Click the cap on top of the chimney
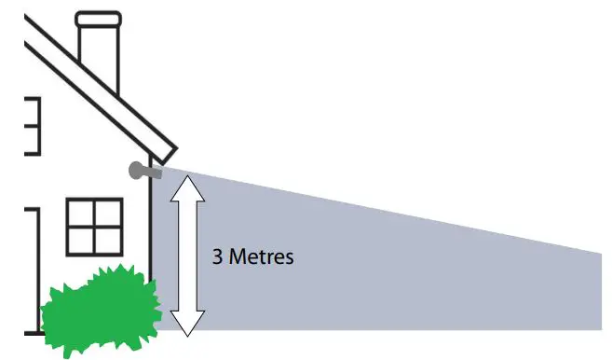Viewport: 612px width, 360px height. [98, 19]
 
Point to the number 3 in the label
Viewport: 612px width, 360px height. [217, 256]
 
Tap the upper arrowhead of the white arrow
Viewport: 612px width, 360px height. [188, 187]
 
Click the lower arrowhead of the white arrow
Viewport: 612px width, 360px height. [188, 323]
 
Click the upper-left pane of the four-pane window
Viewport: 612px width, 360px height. [80, 215]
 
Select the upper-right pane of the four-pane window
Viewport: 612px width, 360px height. [107, 215]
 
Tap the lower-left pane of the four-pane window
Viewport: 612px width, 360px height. [80, 241]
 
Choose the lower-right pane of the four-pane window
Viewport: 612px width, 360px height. [107, 241]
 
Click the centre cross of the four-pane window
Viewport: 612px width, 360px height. [94, 227]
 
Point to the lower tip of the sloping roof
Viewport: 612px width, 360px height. [168, 152]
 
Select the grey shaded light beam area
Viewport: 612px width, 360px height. [391, 270]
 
